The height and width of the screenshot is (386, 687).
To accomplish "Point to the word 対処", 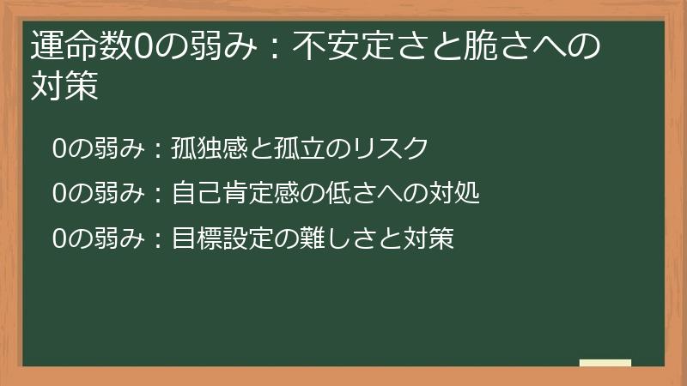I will pos(453,194).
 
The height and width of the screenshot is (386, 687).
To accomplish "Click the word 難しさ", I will pos(330,238).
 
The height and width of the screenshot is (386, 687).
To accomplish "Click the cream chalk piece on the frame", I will pos(605,363).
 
